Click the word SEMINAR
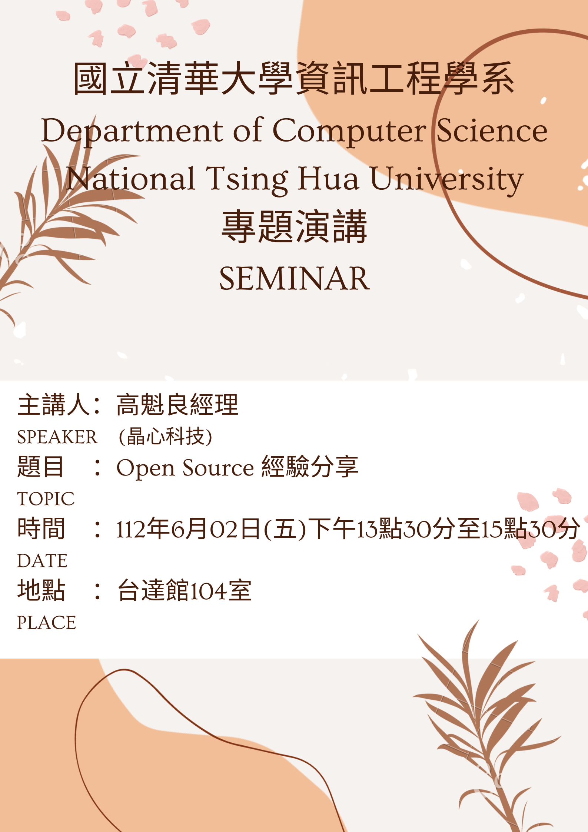tap(295, 279)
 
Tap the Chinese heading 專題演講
tap(295, 226)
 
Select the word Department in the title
tap(132, 132)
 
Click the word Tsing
tap(247, 180)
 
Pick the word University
tap(447, 180)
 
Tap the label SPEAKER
tap(57, 437)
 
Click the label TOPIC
tap(46, 499)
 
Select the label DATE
tap(43, 561)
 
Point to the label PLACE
tap(47, 623)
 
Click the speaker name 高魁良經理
tap(177, 405)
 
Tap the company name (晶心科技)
tap(165, 436)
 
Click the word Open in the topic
tap(146, 468)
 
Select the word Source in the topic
tap(218, 468)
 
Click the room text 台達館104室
tap(185, 590)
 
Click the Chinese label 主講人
tap(54, 405)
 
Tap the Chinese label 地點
tap(41, 590)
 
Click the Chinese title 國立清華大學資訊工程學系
tap(294, 79)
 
